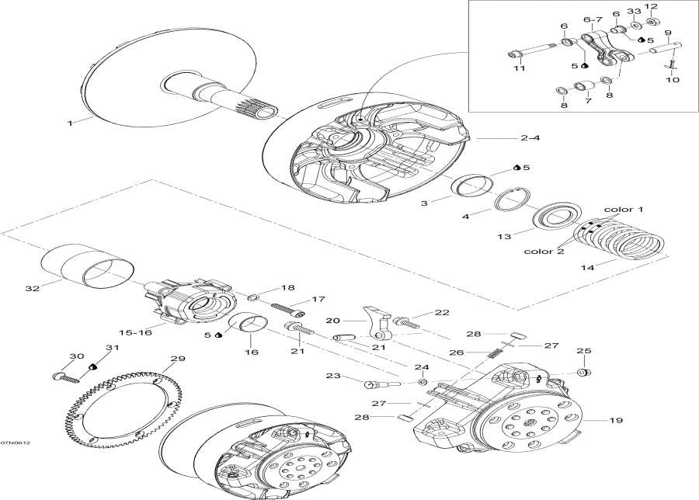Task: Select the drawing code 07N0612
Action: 16,444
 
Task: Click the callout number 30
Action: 75,356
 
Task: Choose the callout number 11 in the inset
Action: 518,68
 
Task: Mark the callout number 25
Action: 583,351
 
